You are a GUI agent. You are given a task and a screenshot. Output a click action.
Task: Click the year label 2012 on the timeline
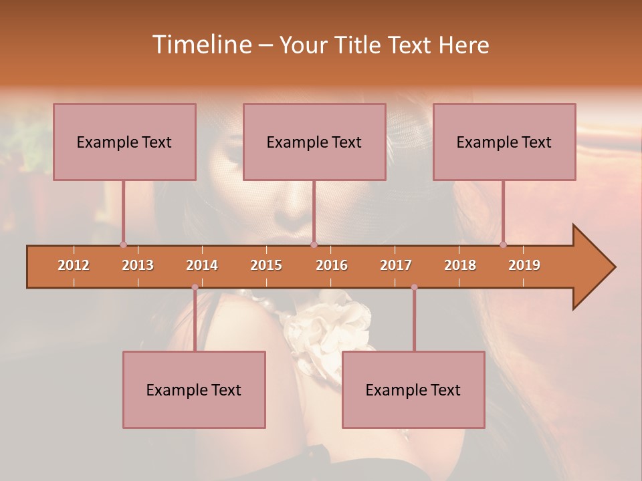click(x=74, y=265)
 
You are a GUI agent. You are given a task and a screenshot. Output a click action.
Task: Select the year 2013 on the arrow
click(x=138, y=265)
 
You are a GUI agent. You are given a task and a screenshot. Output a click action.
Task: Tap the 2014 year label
click(x=202, y=265)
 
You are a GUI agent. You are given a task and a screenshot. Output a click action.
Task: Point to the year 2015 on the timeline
click(x=266, y=265)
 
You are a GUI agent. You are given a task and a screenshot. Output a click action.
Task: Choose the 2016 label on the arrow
click(x=332, y=265)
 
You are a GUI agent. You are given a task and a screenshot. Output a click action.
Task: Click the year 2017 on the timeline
click(x=396, y=265)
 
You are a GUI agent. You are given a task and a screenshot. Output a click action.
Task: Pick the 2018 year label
click(x=460, y=265)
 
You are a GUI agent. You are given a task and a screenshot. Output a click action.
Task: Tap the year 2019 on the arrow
click(x=524, y=265)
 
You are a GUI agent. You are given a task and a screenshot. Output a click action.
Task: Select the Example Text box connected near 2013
click(x=124, y=142)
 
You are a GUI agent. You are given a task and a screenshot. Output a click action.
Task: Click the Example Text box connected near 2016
click(x=314, y=142)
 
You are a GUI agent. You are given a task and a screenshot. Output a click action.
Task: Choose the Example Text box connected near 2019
click(x=504, y=142)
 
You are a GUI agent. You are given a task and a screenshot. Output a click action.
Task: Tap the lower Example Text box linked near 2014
click(x=194, y=389)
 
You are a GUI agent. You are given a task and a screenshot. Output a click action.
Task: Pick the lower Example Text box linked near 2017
click(x=413, y=389)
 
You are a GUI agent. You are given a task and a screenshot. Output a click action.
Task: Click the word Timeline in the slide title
click(x=201, y=45)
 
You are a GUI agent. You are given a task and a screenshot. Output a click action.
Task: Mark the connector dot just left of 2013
click(x=123, y=245)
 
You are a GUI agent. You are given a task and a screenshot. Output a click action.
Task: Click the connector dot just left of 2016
click(x=314, y=245)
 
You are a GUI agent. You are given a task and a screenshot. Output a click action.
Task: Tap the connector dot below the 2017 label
click(x=414, y=287)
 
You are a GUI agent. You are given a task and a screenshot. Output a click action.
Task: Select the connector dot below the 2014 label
click(x=195, y=287)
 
